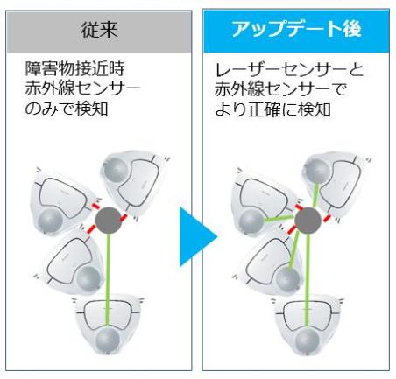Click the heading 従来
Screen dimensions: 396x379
point(99,30)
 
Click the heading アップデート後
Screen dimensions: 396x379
point(296,29)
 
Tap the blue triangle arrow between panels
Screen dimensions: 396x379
point(198,236)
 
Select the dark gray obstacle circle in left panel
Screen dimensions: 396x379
point(109,220)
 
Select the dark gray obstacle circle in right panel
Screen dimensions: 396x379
point(308,221)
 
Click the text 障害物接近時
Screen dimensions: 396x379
point(75,69)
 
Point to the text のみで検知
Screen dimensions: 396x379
point(67,109)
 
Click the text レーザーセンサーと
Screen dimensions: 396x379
point(289,70)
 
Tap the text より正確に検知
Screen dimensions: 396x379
point(273,109)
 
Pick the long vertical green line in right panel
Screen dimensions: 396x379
point(307,280)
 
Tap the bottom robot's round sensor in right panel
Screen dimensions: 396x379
point(308,339)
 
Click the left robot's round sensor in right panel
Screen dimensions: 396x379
point(251,221)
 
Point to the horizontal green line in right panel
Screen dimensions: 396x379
point(279,219)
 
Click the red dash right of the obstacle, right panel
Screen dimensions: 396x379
point(327,218)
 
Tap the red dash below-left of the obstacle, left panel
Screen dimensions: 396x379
point(92,228)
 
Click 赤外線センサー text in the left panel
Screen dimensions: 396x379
point(82,89)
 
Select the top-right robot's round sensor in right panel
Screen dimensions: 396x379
point(316,170)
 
